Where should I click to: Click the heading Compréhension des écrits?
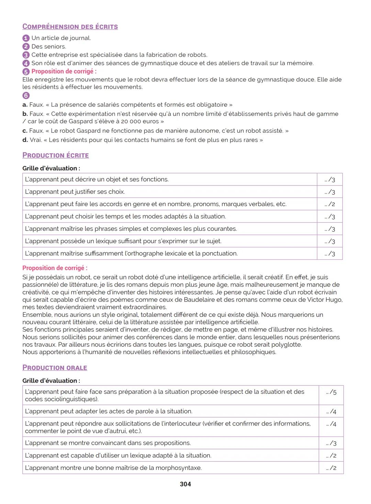pos(70,26)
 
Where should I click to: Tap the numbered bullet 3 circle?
pos(26,55)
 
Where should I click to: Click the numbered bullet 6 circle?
pos(26,96)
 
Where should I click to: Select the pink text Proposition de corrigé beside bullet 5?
pos(64,72)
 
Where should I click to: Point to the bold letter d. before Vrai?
pos(25,140)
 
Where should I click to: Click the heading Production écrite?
pos(56,155)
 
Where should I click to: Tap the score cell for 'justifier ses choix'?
pos(330,192)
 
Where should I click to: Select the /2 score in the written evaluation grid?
pos(330,204)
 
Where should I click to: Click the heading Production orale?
pos(55,368)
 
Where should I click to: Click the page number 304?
pos(185,484)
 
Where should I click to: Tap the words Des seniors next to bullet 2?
pos(49,46)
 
